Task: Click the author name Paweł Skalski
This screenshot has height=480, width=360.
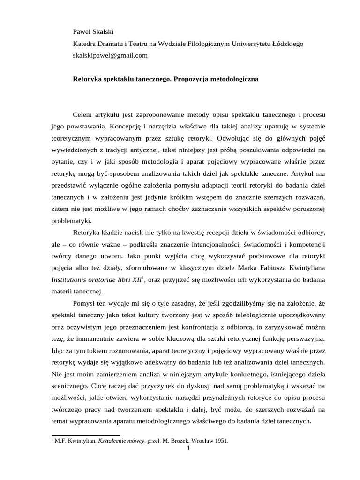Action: [94, 32]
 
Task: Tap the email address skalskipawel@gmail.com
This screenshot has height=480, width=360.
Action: [110, 55]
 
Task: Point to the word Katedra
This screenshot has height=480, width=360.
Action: [85, 44]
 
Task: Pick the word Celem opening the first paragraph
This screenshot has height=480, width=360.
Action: [83, 114]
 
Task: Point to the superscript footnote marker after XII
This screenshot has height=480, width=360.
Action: [144, 277]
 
